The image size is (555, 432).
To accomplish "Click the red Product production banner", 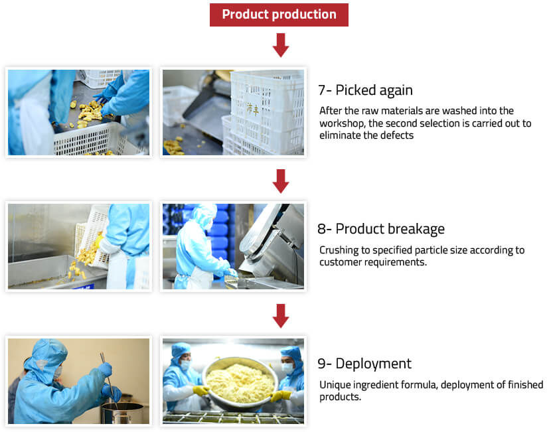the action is [x=279, y=15].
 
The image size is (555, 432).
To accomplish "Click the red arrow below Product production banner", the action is [x=281, y=45].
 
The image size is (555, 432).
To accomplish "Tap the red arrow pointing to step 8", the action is [x=281, y=180].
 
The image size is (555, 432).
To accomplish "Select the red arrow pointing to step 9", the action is [x=281, y=316].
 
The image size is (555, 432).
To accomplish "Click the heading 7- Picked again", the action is [x=365, y=90].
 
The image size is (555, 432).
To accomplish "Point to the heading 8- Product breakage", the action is [x=381, y=229].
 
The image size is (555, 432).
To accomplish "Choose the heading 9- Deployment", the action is [x=364, y=364].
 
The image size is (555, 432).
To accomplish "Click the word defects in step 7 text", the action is [x=396, y=135].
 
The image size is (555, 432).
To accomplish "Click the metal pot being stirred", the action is [x=122, y=413].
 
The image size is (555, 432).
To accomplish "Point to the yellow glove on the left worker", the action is [x=201, y=391].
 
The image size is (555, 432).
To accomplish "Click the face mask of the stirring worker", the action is [x=57, y=372].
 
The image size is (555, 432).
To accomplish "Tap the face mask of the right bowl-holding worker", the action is [x=287, y=368].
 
